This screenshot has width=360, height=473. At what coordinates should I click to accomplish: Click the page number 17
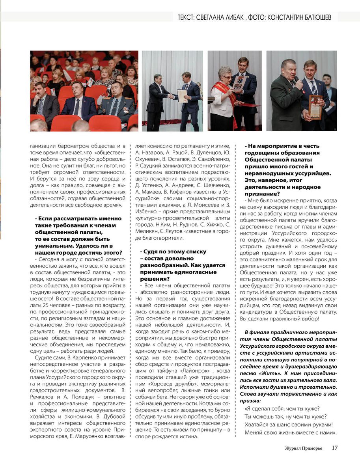[x=334, y=448]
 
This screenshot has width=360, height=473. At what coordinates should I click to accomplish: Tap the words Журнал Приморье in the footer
[x=303, y=448]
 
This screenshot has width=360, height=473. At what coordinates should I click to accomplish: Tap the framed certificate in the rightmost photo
[x=315, y=106]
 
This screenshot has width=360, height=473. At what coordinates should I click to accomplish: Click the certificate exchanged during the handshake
[x=182, y=95]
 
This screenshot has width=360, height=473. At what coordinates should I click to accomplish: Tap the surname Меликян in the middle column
[x=147, y=231]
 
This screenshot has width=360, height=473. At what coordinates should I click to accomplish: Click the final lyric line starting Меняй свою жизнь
[x=290, y=432]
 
